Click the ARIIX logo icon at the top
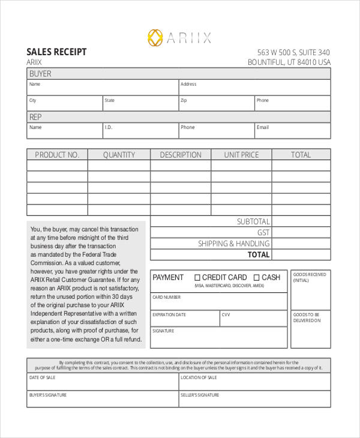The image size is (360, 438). point(155,38)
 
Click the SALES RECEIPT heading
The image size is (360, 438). point(56,52)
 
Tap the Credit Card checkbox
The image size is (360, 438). point(197,278)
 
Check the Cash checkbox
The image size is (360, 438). point(256,278)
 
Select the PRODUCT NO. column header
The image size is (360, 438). point(57,155)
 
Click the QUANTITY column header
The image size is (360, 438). point(119,155)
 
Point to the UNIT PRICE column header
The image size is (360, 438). point(241,155)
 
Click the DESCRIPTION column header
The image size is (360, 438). point(181,155)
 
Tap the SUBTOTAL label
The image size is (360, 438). point(253,222)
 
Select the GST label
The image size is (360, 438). point(263,233)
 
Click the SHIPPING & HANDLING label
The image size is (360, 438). point(234,244)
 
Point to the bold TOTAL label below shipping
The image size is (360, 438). point(259,254)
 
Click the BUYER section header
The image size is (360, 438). point(40,74)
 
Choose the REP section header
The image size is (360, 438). point(36,117)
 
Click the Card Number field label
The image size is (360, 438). point(166,297)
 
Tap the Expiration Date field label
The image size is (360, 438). point(169,314)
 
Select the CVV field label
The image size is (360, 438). point(226,314)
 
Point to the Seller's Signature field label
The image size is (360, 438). point(200,395)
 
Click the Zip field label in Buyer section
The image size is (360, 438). point(184,100)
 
